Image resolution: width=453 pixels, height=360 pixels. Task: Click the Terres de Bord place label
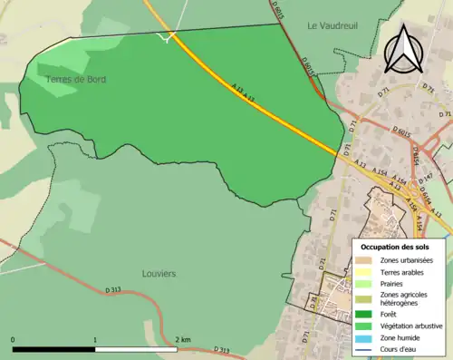(77, 80)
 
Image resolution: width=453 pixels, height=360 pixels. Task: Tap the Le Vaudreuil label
(332, 24)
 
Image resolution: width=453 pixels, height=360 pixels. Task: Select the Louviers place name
(159, 272)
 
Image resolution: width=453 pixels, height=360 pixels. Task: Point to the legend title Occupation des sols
(395, 247)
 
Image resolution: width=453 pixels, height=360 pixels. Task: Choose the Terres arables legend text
(403, 272)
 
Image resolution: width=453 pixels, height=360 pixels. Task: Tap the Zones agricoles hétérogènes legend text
(404, 300)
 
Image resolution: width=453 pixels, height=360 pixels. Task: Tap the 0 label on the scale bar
(14, 339)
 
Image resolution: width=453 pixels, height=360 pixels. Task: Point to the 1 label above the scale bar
(95, 339)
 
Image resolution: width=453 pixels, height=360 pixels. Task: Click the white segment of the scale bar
(136, 349)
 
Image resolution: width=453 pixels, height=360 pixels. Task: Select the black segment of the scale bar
(54, 349)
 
